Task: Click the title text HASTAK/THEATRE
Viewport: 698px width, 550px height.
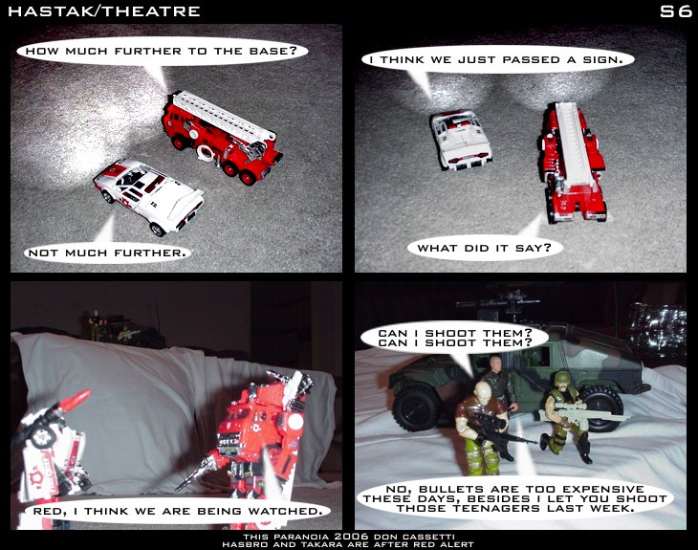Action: pyautogui.click(x=104, y=11)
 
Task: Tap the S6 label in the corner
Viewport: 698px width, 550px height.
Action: pyautogui.click(x=675, y=11)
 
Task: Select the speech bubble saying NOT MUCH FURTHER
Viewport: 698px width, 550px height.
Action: pyautogui.click(x=107, y=253)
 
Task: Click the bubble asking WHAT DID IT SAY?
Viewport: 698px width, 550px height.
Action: pyautogui.click(x=485, y=248)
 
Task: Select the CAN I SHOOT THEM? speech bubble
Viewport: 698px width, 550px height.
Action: pyautogui.click(x=454, y=339)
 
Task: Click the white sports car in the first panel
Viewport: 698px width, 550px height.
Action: pyautogui.click(x=148, y=197)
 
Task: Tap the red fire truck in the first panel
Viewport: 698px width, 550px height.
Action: pyautogui.click(x=222, y=136)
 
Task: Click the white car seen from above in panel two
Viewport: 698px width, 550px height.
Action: pyautogui.click(x=461, y=140)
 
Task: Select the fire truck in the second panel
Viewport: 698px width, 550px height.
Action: pyautogui.click(x=573, y=163)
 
